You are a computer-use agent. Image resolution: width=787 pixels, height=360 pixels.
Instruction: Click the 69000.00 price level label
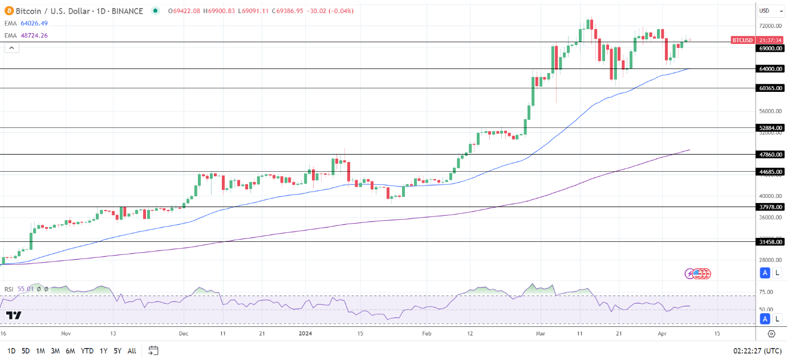tap(770, 48)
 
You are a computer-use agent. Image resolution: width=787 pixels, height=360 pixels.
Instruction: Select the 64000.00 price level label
tap(770, 69)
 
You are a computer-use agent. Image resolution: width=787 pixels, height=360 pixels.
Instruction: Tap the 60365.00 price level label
tap(770, 88)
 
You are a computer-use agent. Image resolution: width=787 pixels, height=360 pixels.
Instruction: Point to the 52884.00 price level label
tap(770, 128)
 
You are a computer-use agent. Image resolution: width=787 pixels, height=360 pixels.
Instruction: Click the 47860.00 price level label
tap(770, 155)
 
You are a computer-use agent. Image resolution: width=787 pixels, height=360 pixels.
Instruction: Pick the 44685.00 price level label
tap(770, 172)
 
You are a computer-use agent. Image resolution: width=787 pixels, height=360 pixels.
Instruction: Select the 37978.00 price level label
tap(770, 207)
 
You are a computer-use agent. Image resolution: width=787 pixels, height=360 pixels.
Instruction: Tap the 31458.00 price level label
tap(770, 242)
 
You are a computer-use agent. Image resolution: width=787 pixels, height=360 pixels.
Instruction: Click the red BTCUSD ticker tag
tap(743, 40)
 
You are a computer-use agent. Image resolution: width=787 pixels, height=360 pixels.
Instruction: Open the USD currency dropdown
tap(770, 11)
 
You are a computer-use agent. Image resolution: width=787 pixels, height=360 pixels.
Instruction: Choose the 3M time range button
tap(55, 351)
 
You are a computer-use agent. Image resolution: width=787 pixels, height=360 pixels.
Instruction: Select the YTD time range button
tap(87, 351)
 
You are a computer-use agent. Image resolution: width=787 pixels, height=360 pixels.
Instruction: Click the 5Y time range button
tap(117, 351)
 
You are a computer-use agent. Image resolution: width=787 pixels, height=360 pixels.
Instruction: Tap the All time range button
tap(132, 351)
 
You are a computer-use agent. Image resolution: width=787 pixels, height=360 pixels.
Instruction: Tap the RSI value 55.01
tap(26, 289)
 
